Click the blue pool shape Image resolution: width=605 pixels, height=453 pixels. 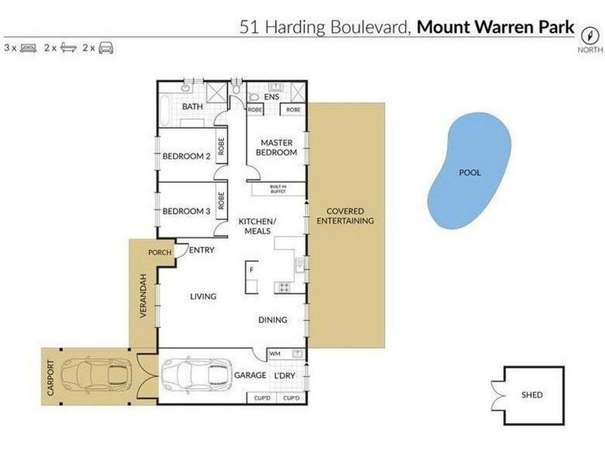coord(469,171)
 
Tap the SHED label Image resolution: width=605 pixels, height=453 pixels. coord(532,395)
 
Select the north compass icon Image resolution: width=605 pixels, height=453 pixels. coord(590,35)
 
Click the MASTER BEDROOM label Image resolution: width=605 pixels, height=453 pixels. coord(276,147)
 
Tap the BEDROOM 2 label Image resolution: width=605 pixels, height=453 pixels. coord(186,156)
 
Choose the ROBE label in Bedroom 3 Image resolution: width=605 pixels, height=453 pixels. coord(221,200)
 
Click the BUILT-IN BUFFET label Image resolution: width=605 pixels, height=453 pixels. coord(278,190)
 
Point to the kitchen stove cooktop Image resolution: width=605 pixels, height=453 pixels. coord(284,288)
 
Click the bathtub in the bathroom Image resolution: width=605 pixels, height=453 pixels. coord(165,110)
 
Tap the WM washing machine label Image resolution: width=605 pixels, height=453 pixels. coord(275,353)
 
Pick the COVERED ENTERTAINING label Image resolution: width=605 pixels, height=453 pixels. coord(346,216)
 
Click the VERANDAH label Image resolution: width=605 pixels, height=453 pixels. coord(144,296)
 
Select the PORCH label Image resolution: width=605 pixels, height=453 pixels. coord(160,253)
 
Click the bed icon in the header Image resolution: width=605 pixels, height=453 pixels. coord(28,48)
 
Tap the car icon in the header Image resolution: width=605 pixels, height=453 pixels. coord(106,48)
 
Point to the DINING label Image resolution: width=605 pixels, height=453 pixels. coord(273,319)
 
